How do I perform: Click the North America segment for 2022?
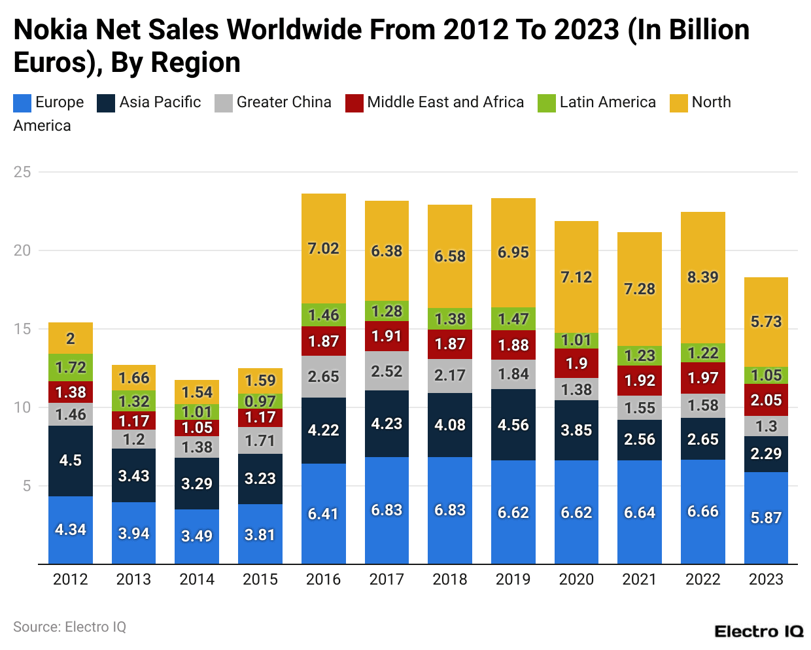click(x=702, y=277)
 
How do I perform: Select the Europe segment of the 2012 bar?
click(x=71, y=530)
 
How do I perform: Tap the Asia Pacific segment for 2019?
click(x=513, y=425)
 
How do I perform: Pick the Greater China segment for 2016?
click(x=323, y=377)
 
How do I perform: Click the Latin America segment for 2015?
click(x=260, y=401)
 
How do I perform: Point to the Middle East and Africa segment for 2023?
click(x=766, y=400)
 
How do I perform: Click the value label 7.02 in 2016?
click(x=323, y=248)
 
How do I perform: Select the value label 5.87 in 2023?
click(x=766, y=518)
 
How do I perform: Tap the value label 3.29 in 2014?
click(x=197, y=484)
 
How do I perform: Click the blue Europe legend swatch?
click(x=22, y=103)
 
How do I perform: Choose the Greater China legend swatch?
click(x=224, y=103)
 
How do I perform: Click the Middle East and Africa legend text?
click(x=445, y=102)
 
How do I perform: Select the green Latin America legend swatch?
click(x=547, y=103)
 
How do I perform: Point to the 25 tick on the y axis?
click(x=22, y=172)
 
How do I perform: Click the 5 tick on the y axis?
click(x=27, y=486)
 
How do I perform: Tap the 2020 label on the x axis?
click(x=576, y=579)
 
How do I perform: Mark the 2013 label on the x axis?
click(x=133, y=579)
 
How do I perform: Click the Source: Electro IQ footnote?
click(x=69, y=627)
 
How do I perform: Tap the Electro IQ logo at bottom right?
click(x=759, y=632)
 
